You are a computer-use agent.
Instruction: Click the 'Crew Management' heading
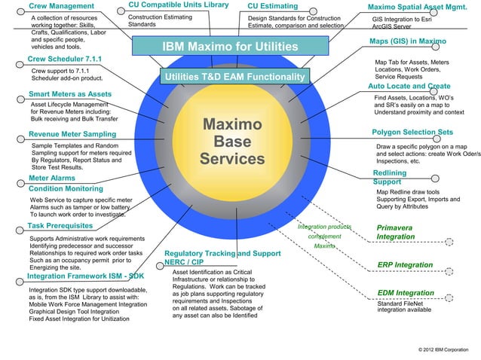[x=61, y=7]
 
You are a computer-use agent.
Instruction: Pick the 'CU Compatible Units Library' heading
[x=178, y=6]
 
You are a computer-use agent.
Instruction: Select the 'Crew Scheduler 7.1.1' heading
[x=66, y=59]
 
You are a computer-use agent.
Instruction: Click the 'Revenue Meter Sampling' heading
[x=72, y=133]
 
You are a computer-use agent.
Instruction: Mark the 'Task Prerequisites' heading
[x=60, y=225]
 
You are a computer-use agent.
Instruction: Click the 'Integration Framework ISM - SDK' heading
[x=85, y=276]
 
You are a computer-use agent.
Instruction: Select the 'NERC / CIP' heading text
[x=185, y=262]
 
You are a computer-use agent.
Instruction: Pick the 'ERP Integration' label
[x=405, y=265]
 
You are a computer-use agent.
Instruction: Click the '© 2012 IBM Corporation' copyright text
[x=442, y=351]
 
